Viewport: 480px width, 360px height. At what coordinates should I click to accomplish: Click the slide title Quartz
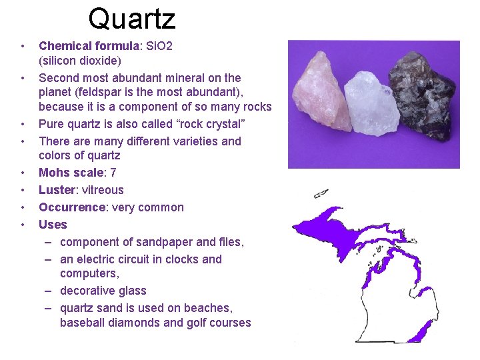point(131,19)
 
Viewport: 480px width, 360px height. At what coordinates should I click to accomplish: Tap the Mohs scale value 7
point(114,173)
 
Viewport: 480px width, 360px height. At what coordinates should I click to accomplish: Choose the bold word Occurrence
point(72,207)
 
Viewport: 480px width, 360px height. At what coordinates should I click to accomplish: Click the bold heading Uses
point(53,225)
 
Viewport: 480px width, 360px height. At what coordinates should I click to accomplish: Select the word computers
point(87,273)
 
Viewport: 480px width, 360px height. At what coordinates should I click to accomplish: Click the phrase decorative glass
point(103,291)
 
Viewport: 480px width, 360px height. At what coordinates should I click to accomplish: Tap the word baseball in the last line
point(83,323)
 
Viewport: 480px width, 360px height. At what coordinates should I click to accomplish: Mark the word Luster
point(56,190)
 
